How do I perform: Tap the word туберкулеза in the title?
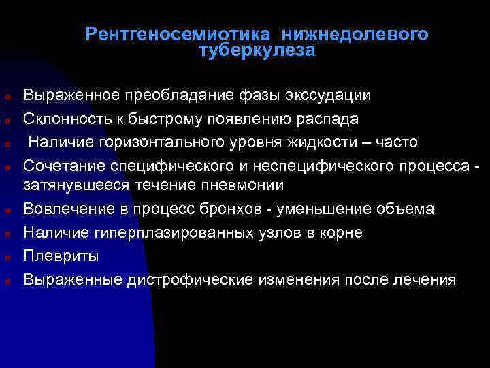click(257, 50)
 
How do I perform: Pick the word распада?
click(333, 119)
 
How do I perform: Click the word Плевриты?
click(61, 256)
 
